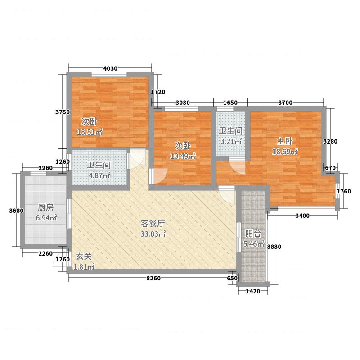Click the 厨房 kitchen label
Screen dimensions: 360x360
tap(46, 207)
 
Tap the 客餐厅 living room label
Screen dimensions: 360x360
tap(151, 223)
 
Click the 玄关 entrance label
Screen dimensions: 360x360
tap(84, 256)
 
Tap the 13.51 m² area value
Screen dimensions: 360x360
tap(90, 132)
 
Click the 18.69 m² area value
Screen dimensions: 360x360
tap(285, 152)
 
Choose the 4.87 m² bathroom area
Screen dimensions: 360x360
tap(99, 175)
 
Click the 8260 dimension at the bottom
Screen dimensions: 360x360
tap(153, 279)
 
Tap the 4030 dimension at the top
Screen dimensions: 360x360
tap(110, 68)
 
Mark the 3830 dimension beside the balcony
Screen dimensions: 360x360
tap(274, 247)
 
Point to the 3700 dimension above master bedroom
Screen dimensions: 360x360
tap(285, 103)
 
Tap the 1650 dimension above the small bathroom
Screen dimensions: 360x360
tap(230, 103)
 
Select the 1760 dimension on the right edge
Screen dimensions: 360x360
tap(344, 191)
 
